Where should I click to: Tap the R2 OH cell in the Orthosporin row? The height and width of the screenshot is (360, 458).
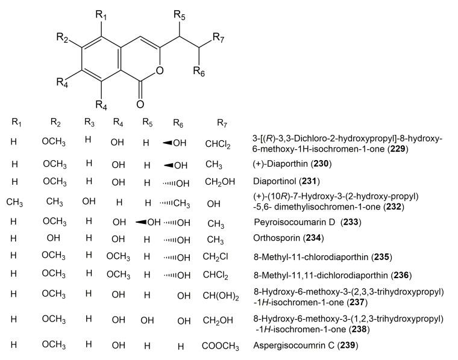[x=55, y=239]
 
